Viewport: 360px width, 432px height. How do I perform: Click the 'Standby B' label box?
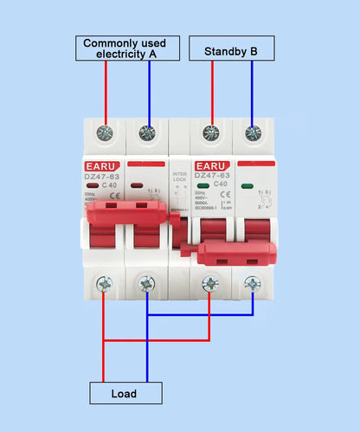click(x=230, y=51)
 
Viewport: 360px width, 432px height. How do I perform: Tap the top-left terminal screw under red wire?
click(x=106, y=133)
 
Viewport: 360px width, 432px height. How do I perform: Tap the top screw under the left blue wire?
click(x=147, y=133)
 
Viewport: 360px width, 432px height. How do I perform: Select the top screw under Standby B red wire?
click(x=210, y=133)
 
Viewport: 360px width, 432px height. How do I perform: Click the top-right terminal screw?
click(x=252, y=133)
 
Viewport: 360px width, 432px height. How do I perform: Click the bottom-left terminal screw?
click(x=106, y=283)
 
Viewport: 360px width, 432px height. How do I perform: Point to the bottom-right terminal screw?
click(x=252, y=283)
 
